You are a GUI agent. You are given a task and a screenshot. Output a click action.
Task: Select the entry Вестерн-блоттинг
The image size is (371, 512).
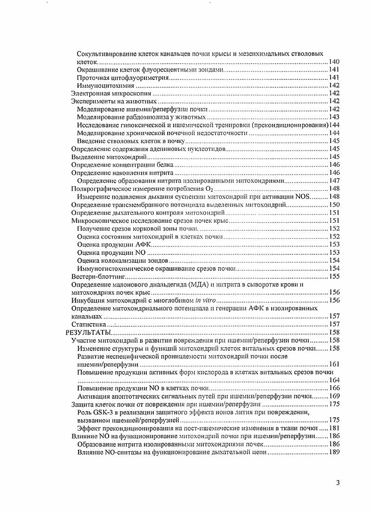coord(94,276)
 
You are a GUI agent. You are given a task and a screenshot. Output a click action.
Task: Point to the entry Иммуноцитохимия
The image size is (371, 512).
coord(105,85)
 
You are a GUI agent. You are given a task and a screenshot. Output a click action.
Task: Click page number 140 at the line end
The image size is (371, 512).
coord(334,61)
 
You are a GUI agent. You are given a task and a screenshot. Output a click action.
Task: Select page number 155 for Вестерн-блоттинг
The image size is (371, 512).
coord(334,276)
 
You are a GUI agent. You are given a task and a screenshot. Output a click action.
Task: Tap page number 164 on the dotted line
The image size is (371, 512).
coord(334,380)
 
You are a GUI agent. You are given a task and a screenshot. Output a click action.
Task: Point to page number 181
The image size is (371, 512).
coord(334,428)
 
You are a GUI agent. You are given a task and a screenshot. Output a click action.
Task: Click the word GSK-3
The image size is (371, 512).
coord(101,412)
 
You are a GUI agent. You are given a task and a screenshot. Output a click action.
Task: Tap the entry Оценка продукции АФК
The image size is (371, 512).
coord(114,244)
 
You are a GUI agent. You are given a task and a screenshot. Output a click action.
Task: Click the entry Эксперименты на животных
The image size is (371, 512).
coord(111,101)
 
